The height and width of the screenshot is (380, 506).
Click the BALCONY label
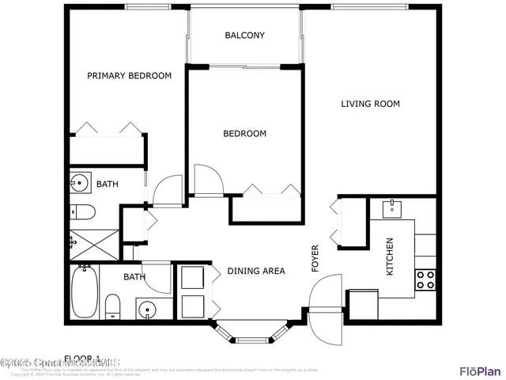(x=244, y=36)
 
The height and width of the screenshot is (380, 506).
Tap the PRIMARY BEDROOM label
(x=129, y=76)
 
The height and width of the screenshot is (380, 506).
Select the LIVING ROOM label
(x=370, y=104)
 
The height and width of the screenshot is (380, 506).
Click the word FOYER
(x=315, y=258)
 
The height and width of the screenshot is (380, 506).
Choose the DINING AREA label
(x=255, y=272)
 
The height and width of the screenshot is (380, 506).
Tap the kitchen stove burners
(x=425, y=279)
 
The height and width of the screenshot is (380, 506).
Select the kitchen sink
(x=393, y=209)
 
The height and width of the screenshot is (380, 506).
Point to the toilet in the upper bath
(x=81, y=211)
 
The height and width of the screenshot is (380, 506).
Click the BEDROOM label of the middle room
(x=244, y=134)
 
